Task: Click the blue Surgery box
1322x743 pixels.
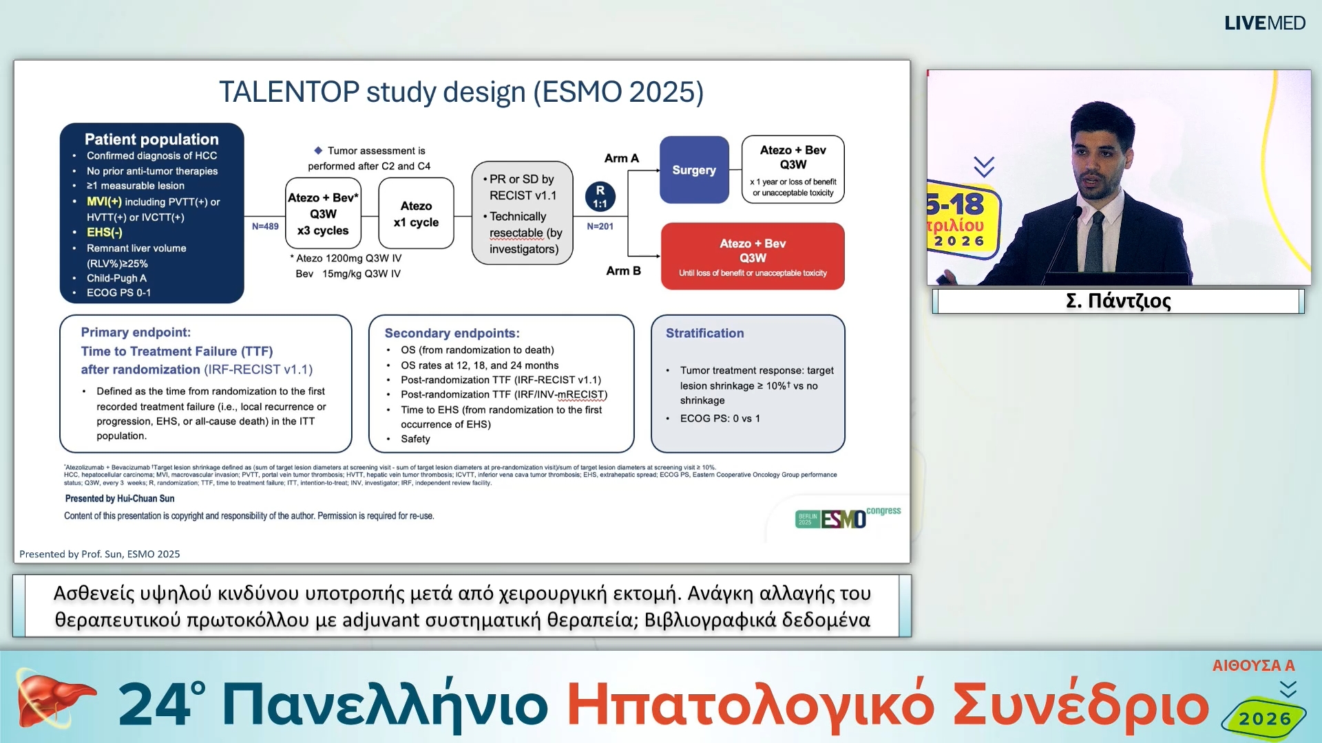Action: pyautogui.click(x=694, y=170)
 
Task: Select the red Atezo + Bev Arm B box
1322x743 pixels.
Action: pyautogui.click(x=753, y=256)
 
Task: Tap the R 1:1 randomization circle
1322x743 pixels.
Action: pyautogui.click(x=600, y=197)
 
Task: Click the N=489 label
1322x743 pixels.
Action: pyautogui.click(x=265, y=226)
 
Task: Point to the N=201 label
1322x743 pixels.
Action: pyautogui.click(x=600, y=226)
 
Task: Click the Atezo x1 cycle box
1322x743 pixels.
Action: pyautogui.click(x=416, y=214)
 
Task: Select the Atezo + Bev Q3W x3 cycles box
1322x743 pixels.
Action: pyautogui.click(x=323, y=214)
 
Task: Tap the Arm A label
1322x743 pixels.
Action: pyautogui.click(x=621, y=158)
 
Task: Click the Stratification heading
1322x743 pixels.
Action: pyautogui.click(x=704, y=333)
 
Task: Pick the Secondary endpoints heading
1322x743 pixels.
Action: pyautogui.click(x=452, y=333)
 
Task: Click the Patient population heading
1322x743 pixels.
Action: pyautogui.click(x=151, y=139)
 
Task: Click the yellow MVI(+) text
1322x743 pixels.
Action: pyautogui.click(x=104, y=202)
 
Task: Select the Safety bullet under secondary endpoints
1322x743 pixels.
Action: pyautogui.click(x=415, y=439)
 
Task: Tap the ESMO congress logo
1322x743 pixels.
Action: pyautogui.click(x=847, y=517)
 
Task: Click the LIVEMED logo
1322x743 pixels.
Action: pyautogui.click(x=1264, y=23)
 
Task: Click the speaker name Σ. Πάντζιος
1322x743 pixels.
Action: pyautogui.click(x=1118, y=301)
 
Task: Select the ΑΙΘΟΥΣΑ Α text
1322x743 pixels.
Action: pyautogui.click(x=1253, y=665)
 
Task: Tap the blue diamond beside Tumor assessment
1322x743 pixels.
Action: pyautogui.click(x=318, y=150)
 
